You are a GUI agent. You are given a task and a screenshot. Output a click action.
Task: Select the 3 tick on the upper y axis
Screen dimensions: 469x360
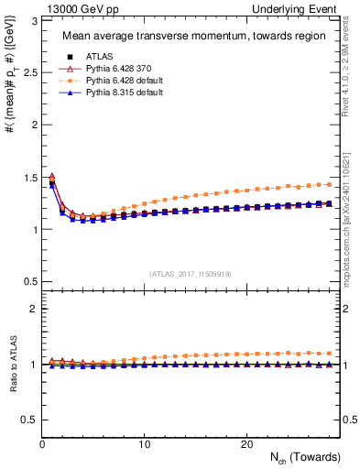(34, 17)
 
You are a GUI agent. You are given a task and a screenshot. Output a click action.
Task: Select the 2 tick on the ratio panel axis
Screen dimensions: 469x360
(34, 309)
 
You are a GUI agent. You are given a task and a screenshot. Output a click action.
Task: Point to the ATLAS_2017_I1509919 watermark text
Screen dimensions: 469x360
(190, 272)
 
